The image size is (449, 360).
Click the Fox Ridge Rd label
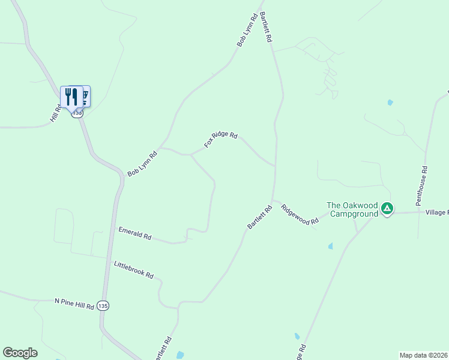[x=221, y=139]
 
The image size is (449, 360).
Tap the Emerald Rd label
[x=134, y=233]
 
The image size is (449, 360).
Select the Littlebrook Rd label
[x=134, y=270]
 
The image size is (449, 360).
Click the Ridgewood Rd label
[x=300, y=214]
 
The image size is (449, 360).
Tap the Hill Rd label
[x=56, y=114]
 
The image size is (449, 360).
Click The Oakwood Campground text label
[x=352, y=209]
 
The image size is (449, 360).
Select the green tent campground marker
[x=387, y=209]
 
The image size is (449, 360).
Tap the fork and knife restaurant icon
[x=71, y=96]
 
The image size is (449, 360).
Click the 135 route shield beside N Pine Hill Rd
[x=104, y=305]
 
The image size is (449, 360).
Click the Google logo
[x=20, y=353]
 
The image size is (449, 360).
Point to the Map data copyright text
[x=423, y=355]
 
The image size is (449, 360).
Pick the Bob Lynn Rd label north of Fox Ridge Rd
[x=247, y=30]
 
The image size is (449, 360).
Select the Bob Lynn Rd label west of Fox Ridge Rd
[x=142, y=164]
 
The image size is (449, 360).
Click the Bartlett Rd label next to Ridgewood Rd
[x=260, y=217]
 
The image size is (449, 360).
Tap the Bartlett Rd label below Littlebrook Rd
[x=163, y=349]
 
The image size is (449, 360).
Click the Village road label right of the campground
[x=436, y=212]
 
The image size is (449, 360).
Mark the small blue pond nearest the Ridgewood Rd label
[x=330, y=246]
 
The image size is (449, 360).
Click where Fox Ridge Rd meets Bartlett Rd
[x=275, y=166]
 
